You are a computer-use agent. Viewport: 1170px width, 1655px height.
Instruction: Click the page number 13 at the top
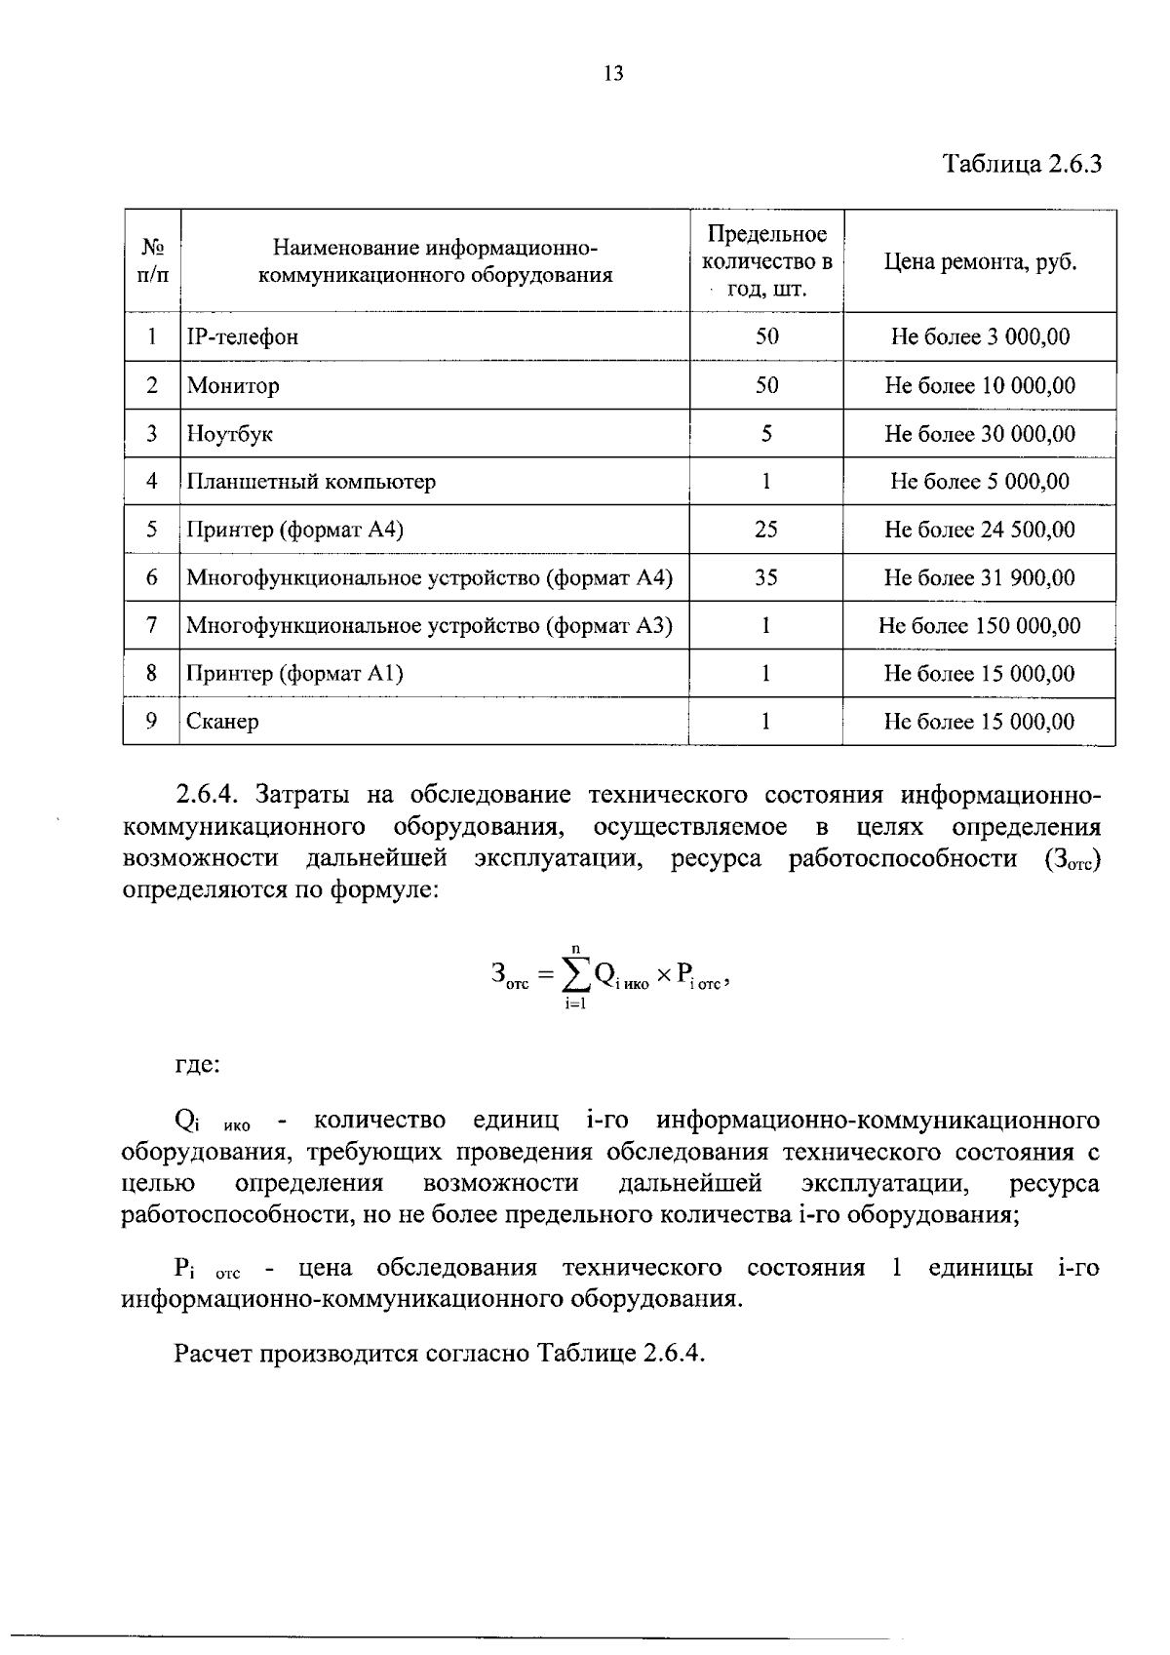(613, 74)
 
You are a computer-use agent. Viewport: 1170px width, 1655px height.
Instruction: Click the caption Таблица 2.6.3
(1022, 163)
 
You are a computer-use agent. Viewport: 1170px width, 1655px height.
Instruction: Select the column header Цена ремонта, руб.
(980, 262)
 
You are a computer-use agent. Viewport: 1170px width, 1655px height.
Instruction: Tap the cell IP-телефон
(243, 337)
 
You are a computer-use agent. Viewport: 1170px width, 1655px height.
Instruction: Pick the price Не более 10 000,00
(980, 385)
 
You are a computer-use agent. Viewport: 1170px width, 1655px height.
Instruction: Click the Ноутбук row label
(230, 434)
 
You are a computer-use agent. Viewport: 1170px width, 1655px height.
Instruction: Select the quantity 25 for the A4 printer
(766, 530)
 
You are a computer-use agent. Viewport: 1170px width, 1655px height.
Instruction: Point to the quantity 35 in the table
(766, 577)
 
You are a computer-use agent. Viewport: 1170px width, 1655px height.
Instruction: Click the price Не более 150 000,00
(980, 626)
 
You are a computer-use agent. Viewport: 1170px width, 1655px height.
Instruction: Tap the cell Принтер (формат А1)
(295, 674)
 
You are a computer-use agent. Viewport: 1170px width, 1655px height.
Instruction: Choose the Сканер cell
(223, 722)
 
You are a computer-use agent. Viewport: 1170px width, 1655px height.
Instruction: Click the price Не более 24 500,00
(980, 530)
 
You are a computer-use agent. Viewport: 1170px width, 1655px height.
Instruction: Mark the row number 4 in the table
(152, 482)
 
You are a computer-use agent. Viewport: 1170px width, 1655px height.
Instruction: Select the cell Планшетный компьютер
(311, 482)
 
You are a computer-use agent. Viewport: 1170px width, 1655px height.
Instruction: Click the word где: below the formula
(198, 1064)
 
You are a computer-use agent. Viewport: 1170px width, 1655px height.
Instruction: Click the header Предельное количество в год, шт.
(766, 262)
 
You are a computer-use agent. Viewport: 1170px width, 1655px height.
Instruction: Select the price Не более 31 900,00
(980, 577)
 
